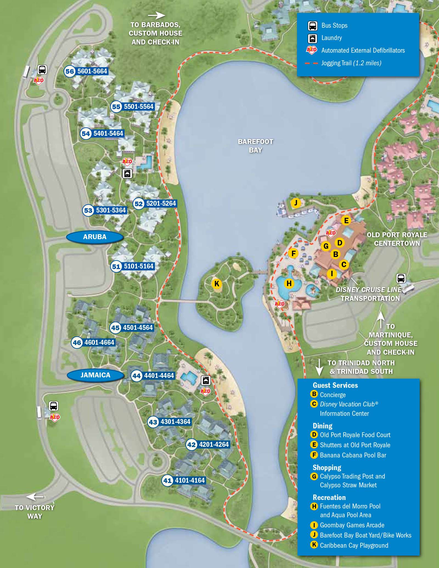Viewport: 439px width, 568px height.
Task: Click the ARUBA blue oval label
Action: pyautogui.click(x=95, y=237)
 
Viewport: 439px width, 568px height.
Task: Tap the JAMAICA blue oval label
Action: pyautogui.click(x=95, y=375)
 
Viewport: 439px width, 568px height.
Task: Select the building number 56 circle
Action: pyautogui.click(x=70, y=72)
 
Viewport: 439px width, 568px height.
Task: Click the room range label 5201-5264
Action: pyautogui.click(x=161, y=204)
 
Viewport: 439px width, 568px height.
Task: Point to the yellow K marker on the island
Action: pyautogui.click(x=217, y=284)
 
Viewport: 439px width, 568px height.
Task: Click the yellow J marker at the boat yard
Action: pyautogui.click(x=296, y=203)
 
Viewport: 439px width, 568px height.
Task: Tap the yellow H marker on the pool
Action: pyautogui.click(x=289, y=283)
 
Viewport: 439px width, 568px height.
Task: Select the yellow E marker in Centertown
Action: pyautogui.click(x=346, y=221)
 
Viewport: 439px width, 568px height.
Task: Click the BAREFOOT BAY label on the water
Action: pyautogui.click(x=255, y=146)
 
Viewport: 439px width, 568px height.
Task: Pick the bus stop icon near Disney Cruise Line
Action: pyautogui.click(x=401, y=278)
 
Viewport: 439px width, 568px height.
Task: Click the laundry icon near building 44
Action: pyautogui.click(x=206, y=380)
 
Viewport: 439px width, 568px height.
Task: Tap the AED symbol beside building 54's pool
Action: pyautogui.click(x=127, y=161)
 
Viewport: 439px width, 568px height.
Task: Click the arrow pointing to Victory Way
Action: pyautogui.click(x=35, y=497)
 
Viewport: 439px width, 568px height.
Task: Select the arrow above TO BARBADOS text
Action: pyautogui.click(x=156, y=15)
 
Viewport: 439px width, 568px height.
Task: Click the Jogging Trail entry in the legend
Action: pyautogui.click(x=351, y=63)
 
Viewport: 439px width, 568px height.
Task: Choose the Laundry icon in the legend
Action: pyautogui.click(x=313, y=38)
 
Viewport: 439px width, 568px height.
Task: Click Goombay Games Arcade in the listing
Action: pyautogui.click(x=352, y=525)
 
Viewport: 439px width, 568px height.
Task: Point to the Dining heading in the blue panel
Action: pyautogui.click(x=322, y=426)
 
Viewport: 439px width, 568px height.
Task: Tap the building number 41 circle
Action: pyautogui.click(x=167, y=481)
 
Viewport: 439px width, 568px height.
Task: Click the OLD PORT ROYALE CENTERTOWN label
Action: pyautogui.click(x=397, y=239)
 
